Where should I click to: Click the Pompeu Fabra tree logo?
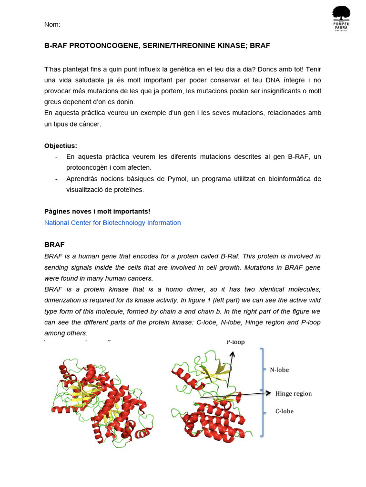341,18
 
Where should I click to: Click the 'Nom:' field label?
52,24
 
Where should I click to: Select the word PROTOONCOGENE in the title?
97,46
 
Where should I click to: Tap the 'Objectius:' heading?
61,146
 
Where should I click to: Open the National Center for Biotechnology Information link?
112,223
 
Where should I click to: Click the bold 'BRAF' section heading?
54,244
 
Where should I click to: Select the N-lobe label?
279,369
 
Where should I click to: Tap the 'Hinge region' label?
294,393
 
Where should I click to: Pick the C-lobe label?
284,411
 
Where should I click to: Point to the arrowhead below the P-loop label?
233,353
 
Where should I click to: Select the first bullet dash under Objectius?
57,157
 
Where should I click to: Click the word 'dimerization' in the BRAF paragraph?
63,300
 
